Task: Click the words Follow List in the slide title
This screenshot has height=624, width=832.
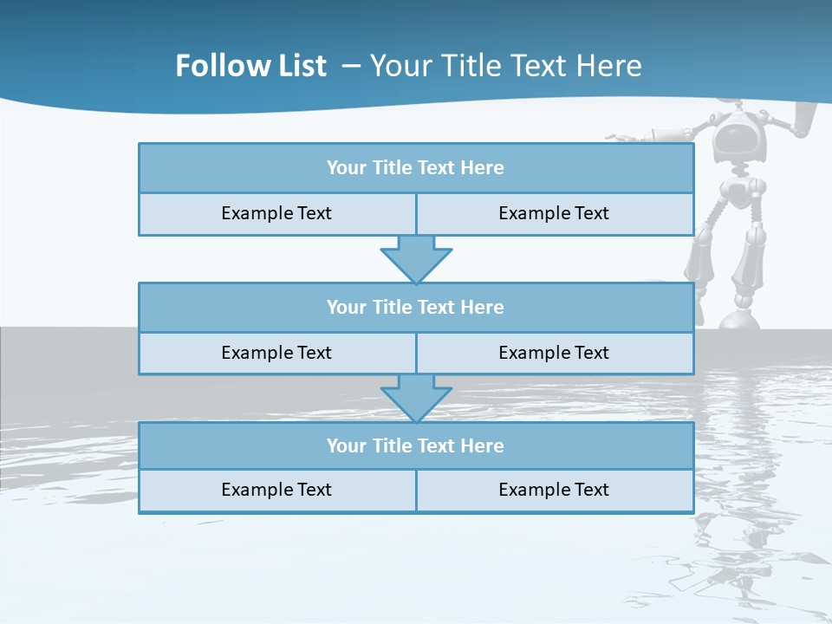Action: click(x=250, y=66)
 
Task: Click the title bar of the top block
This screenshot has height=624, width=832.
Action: click(x=415, y=168)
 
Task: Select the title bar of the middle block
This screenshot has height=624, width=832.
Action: click(x=415, y=307)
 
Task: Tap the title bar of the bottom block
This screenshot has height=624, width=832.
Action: click(x=415, y=445)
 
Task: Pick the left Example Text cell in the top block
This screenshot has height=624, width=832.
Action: click(x=276, y=213)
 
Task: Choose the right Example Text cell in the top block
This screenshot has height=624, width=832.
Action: click(x=554, y=213)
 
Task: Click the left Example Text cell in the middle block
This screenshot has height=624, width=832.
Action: click(x=276, y=353)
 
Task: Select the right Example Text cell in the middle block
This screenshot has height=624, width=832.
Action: click(x=554, y=353)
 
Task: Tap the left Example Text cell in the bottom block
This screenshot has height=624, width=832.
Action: click(x=276, y=490)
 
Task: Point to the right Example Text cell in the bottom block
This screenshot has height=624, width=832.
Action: click(x=554, y=490)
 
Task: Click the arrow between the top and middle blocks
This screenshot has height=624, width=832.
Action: click(x=416, y=259)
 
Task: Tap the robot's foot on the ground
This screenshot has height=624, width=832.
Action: click(x=741, y=321)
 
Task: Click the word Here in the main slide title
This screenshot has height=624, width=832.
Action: click(x=610, y=66)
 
